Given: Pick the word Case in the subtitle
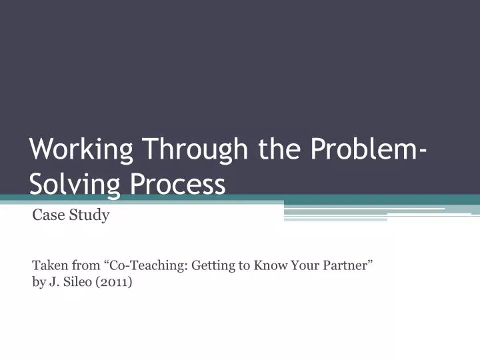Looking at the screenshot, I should (47, 216).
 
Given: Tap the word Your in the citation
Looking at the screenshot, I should (304, 265).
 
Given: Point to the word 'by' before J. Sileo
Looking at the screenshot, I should (38, 282).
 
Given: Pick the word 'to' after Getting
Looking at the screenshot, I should (245, 265).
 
